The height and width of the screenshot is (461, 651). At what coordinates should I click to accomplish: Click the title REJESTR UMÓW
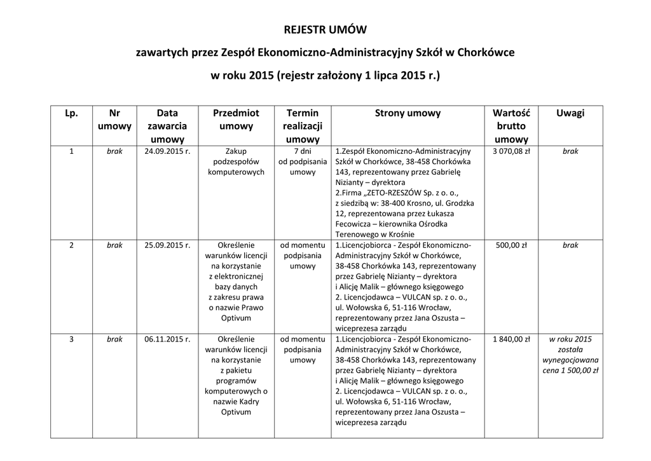point(325,30)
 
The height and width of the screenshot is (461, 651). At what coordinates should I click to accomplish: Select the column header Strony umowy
point(408,113)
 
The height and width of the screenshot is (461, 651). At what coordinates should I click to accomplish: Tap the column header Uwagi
point(570,113)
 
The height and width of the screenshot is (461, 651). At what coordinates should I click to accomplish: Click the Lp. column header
point(71,113)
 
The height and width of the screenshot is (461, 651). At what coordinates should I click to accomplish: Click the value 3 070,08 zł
point(511,151)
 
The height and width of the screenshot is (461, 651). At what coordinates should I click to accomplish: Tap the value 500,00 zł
point(511,245)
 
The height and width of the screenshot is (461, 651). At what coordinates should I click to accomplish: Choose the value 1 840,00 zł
point(511,339)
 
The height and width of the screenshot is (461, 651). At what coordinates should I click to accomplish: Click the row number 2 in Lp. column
point(71,245)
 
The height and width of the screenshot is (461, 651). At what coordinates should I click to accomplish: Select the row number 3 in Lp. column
point(71,339)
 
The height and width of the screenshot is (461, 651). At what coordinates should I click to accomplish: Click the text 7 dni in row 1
point(303,151)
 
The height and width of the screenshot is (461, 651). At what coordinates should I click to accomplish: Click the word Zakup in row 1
point(236,151)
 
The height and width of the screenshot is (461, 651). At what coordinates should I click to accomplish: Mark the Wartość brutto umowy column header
point(511,126)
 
